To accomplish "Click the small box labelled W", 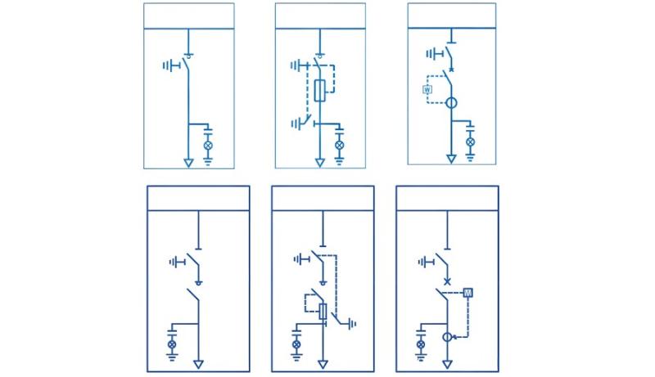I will [x=427, y=88].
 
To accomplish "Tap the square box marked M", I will [x=468, y=292].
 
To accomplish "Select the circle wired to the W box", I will [x=450, y=104].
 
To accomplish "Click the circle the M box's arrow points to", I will [x=447, y=336].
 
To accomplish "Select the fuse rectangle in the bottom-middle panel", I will [x=323, y=312].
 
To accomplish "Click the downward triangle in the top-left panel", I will [x=189, y=163].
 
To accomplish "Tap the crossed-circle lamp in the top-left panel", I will [x=207, y=145].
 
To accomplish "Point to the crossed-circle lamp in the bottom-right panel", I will [x=422, y=345].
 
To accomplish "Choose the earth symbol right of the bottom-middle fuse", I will [x=352, y=324].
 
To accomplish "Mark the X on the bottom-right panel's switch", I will [x=446, y=281].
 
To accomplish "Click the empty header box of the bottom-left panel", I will [x=198, y=198].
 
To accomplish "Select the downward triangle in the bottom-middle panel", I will [x=323, y=363].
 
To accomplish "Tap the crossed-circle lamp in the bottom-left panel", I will [x=172, y=345].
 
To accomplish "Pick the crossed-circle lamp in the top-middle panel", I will [x=339, y=145].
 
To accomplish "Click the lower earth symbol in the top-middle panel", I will [x=295, y=123].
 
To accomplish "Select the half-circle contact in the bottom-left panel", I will [x=197, y=281].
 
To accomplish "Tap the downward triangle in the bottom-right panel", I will [x=447, y=363].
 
